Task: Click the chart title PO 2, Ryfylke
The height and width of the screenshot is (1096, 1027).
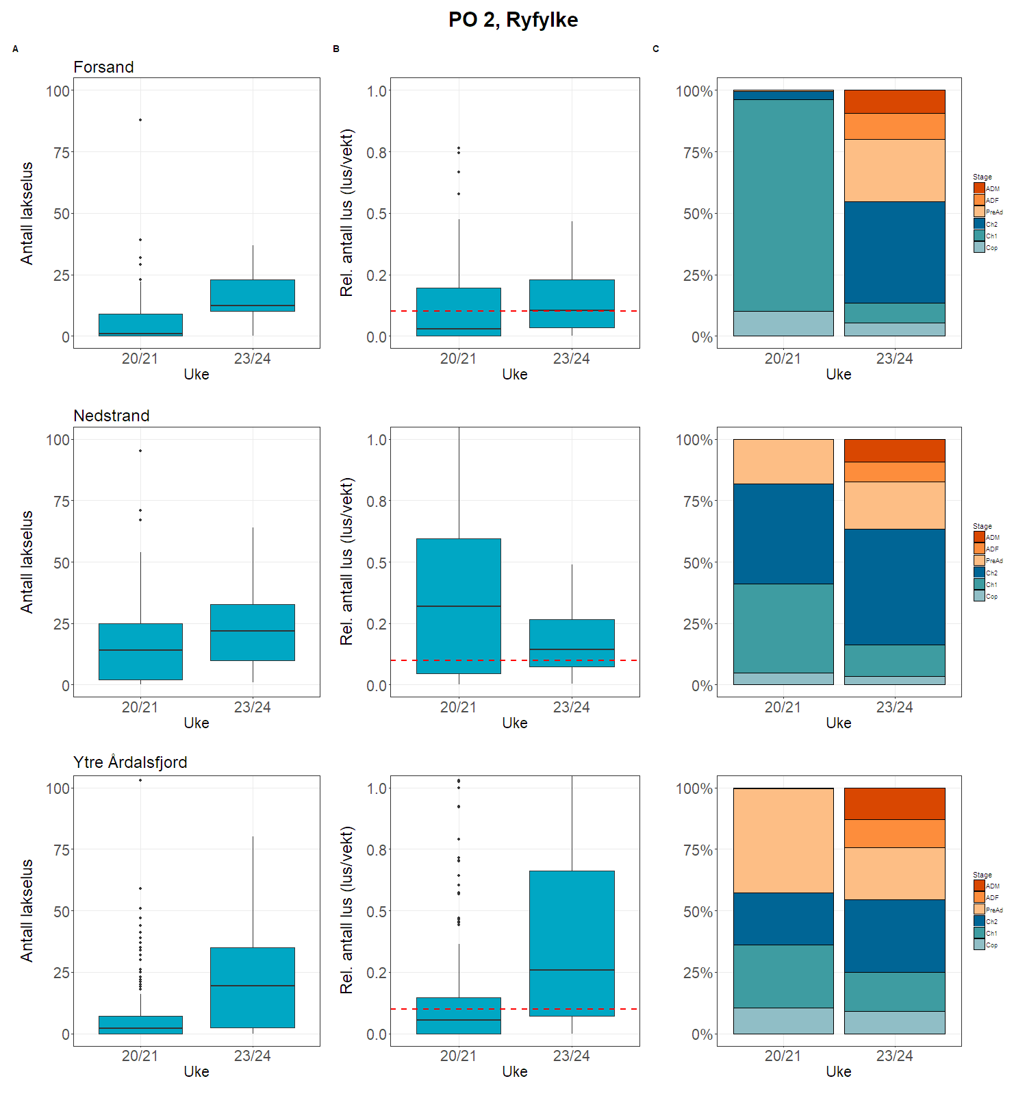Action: [x=513, y=20]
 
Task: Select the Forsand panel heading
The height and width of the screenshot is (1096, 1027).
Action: [x=103, y=67]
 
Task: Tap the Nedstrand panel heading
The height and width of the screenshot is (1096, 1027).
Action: [x=111, y=416]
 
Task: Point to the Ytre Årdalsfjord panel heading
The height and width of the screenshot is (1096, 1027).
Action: [x=130, y=762]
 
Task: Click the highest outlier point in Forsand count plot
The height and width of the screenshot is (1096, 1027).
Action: [x=140, y=120]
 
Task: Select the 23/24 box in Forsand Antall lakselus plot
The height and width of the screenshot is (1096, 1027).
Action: [x=252, y=295]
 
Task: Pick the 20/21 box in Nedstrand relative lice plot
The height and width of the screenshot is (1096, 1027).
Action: [x=459, y=606]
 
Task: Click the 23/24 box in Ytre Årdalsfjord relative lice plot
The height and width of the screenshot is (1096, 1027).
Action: [x=572, y=943]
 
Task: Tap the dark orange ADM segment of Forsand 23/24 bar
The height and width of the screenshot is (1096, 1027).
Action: [x=894, y=101]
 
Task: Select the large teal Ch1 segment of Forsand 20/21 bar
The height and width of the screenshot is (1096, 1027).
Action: [x=783, y=206]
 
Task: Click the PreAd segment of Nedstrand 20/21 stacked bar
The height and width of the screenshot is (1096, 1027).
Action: [x=783, y=462]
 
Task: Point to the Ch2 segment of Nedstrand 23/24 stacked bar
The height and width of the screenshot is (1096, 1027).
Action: [x=894, y=586]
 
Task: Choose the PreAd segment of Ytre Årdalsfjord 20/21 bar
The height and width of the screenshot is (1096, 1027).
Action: [x=783, y=840]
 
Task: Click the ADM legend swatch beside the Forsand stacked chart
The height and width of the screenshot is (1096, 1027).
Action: [x=979, y=188]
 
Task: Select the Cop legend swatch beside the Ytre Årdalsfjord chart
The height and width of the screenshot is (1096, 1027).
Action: [x=979, y=945]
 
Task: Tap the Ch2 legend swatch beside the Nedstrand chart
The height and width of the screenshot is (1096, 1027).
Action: [x=979, y=573]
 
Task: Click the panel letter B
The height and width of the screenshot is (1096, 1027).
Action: [x=336, y=49]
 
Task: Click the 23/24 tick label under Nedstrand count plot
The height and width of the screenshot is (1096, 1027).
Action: [x=252, y=707]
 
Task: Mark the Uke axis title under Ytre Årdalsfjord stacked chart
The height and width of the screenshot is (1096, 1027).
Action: [x=838, y=1071]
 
